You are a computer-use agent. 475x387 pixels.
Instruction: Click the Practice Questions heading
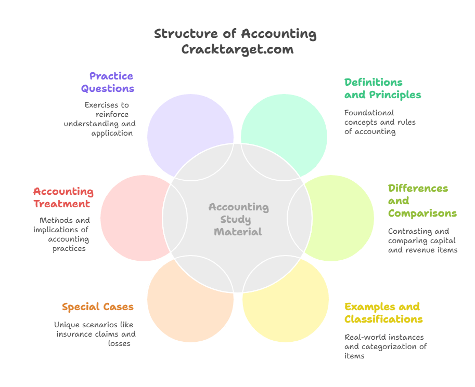(x=108, y=82)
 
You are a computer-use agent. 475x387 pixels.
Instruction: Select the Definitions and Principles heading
(x=382, y=88)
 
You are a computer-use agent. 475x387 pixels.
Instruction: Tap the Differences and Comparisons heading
(x=422, y=201)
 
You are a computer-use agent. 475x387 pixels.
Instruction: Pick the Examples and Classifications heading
(x=383, y=312)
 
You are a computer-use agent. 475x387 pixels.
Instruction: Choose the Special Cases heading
(x=97, y=306)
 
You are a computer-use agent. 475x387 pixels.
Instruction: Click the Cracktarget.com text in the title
(x=237, y=49)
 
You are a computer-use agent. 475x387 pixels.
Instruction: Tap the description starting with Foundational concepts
(x=380, y=122)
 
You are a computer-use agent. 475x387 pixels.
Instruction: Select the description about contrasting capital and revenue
(x=422, y=241)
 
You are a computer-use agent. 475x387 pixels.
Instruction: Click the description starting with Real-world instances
(x=385, y=346)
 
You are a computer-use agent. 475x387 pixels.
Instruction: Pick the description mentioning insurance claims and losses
(x=95, y=334)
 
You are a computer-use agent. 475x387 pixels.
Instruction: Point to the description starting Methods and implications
(x=61, y=234)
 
